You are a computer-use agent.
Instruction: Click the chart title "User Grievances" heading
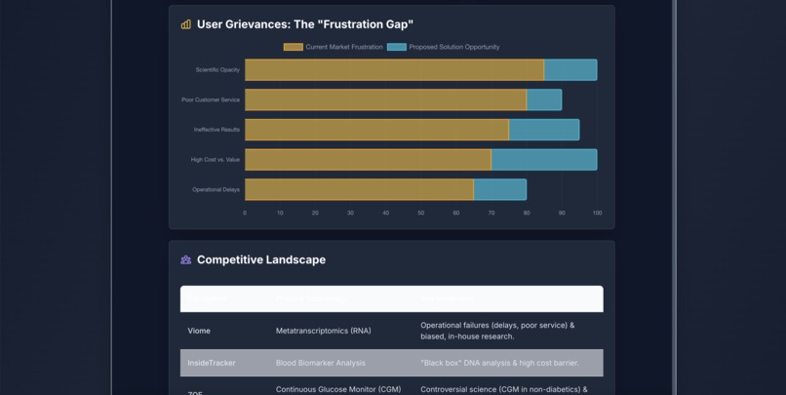click(304, 24)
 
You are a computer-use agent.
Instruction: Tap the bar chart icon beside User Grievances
click(186, 24)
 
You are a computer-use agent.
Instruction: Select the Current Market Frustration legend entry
click(334, 47)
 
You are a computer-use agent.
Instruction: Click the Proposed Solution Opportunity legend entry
click(444, 47)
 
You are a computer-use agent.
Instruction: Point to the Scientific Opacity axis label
click(217, 70)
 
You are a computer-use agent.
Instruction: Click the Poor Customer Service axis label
click(211, 99)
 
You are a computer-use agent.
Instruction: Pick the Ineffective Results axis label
click(216, 130)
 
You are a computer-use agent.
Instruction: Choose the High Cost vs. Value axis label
click(215, 159)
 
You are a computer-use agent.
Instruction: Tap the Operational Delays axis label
click(216, 189)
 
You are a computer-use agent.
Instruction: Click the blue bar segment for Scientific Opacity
click(570, 70)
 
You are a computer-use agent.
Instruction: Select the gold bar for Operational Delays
click(359, 189)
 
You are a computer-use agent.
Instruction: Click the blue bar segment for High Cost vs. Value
click(544, 159)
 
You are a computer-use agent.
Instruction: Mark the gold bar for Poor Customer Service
click(385, 99)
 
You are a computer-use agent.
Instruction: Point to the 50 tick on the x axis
click(421, 213)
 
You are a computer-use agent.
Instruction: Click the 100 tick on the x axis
click(597, 213)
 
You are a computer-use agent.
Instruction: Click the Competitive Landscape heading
click(261, 260)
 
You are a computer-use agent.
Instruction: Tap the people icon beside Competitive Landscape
click(186, 260)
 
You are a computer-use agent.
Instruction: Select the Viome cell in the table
click(199, 331)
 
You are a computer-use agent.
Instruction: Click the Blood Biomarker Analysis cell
click(321, 363)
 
